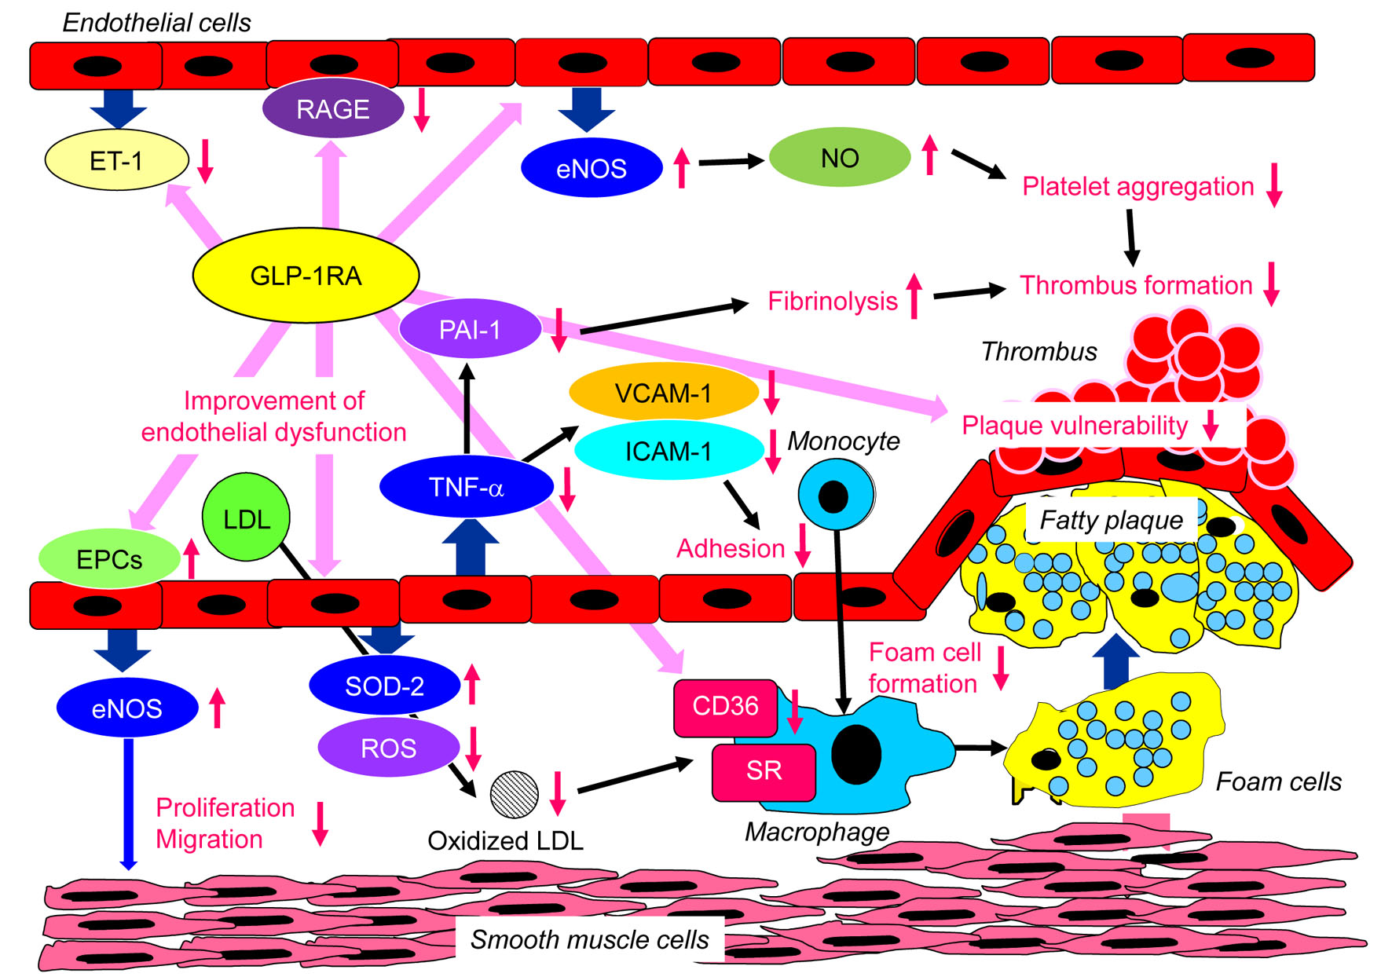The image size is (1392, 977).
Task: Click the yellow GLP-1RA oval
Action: point(306,276)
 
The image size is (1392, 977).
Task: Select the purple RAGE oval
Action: point(333,108)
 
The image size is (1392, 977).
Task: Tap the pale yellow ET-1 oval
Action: point(116,161)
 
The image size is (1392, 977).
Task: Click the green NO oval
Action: point(839,158)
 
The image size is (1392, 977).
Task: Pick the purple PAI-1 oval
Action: point(470,329)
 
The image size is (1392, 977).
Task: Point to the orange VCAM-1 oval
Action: point(663,392)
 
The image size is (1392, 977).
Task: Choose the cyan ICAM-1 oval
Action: point(669,451)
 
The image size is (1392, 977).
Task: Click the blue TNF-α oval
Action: point(466,487)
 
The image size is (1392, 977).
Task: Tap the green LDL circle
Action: point(246,518)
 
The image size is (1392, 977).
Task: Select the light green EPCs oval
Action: point(109,559)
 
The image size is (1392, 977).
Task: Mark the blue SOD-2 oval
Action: point(384,686)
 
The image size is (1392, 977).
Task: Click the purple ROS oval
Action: point(388,748)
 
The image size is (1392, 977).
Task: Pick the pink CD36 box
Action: point(725,706)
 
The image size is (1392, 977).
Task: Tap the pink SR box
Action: point(764,770)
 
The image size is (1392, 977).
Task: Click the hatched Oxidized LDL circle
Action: point(514,795)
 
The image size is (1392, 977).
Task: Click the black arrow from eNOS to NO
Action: point(731,162)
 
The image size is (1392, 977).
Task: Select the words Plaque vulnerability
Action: point(1074,426)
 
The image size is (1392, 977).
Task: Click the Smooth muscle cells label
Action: point(589,939)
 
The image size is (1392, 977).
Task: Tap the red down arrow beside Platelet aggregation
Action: point(1274,185)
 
